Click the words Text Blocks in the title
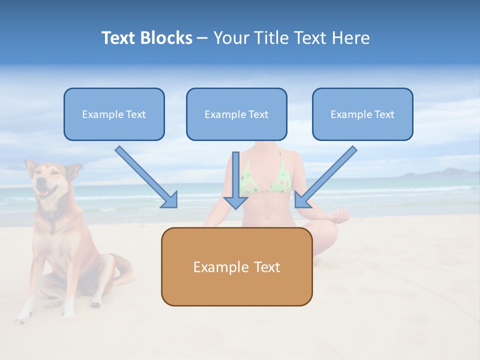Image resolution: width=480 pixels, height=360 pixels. (x=146, y=38)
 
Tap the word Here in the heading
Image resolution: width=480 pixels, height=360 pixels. (x=350, y=38)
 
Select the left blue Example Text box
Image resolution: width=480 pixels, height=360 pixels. (x=114, y=114)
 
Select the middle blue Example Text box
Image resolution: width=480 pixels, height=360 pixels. (x=236, y=114)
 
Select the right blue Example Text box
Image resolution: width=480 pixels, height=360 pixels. (x=362, y=114)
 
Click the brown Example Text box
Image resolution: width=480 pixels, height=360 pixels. (x=236, y=267)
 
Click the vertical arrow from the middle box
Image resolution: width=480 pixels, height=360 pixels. (x=235, y=180)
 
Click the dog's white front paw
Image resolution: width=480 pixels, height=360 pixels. (x=22, y=315)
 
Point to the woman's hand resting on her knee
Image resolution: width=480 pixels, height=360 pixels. (x=340, y=215)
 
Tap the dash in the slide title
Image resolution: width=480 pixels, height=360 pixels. (x=202, y=38)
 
